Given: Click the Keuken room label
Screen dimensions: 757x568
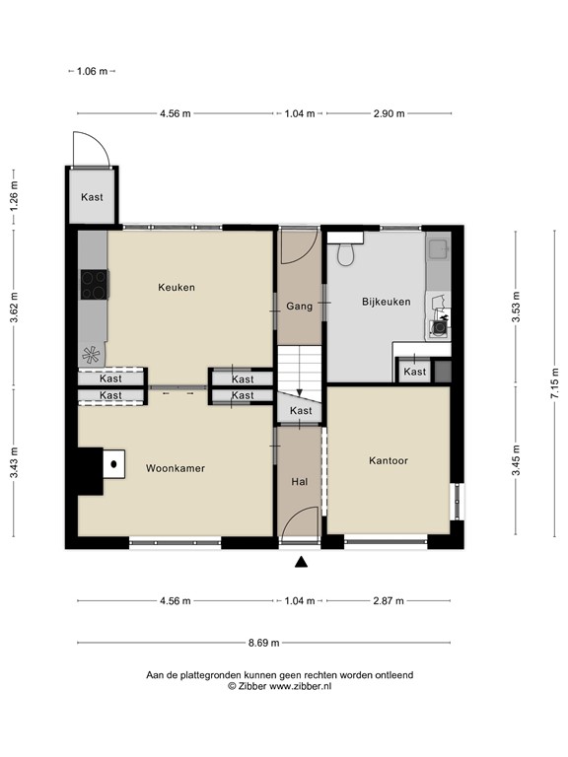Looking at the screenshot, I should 177,288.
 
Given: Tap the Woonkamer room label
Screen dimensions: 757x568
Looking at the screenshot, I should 176,468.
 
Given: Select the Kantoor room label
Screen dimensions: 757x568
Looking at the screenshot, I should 389,460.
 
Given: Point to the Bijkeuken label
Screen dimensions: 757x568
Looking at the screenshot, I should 386,303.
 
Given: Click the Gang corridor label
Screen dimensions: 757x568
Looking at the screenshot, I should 299,307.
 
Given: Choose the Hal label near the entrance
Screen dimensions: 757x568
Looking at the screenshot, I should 299,482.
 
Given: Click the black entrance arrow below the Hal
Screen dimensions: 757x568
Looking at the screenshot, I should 301,563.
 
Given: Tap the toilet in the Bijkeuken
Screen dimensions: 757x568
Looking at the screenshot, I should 345,253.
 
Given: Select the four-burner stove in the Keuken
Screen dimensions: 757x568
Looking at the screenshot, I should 94,285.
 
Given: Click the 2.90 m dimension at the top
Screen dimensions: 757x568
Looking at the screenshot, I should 389,113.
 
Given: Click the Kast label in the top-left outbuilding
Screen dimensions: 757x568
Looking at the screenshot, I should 93,197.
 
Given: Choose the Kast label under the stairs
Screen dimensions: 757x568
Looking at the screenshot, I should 301,411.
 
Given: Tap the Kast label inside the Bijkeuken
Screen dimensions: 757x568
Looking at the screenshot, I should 415,372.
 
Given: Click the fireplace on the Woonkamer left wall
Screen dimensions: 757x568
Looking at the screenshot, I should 105,470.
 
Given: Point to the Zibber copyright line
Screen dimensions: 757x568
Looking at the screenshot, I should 280,686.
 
